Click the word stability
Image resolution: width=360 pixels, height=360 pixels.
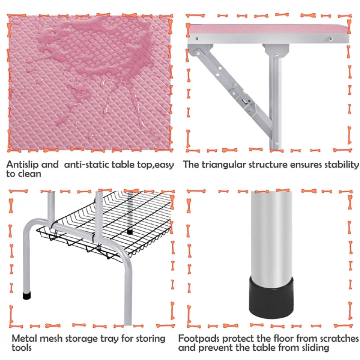point(341,165)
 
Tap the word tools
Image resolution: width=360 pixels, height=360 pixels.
point(22,348)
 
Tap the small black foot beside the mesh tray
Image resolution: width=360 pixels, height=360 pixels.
point(26,296)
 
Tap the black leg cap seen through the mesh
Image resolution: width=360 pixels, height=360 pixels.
point(130,231)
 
